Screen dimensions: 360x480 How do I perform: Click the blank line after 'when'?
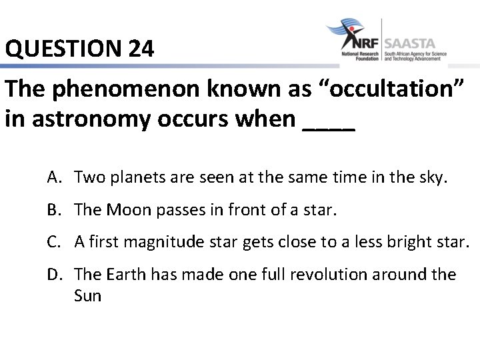tap(329, 120)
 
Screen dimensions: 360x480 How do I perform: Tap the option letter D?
tap(55, 274)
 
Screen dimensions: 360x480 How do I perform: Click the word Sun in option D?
tap(87, 295)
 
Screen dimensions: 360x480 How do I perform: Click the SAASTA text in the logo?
tap(415, 41)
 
